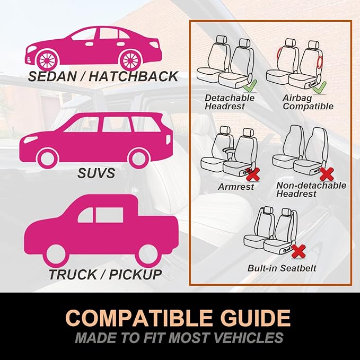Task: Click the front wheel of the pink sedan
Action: (48, 60)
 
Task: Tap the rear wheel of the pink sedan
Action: (130, 60)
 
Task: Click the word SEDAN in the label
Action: (52, 76)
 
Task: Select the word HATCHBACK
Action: (134, 76)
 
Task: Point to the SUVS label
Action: (96, 173)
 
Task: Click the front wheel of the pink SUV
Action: (48, 159)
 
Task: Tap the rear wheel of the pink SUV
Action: (139, 159)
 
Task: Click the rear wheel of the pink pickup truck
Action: (148, 255)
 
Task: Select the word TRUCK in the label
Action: (73, 274)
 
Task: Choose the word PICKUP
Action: (135, 274)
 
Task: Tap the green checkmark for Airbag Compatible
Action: (319, 87)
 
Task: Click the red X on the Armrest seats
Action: (253, 174)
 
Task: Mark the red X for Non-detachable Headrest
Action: (327, 174)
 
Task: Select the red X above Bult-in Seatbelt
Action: (298, 251)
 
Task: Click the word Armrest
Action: (236, 187)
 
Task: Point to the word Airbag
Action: (297, 98)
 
